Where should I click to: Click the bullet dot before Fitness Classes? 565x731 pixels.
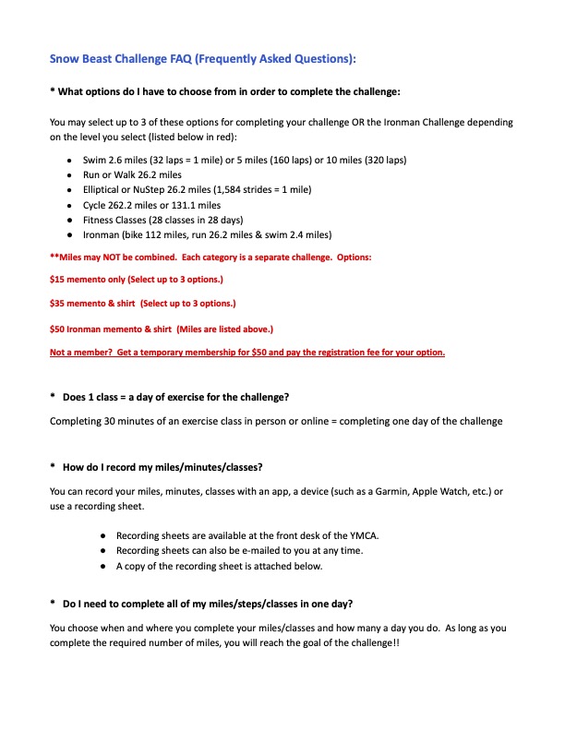(71, 220)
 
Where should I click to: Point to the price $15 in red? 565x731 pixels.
(58, 278)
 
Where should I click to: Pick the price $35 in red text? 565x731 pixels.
(58, 302)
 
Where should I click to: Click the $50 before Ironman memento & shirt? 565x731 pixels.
(58, 328)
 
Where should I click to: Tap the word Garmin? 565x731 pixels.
(386, 492)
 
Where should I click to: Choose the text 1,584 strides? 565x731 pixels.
(239, 189)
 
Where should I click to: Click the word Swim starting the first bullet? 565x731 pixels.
(95, 160)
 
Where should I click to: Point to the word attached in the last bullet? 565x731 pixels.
(270, 566)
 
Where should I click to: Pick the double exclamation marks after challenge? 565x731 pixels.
(394, 643)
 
